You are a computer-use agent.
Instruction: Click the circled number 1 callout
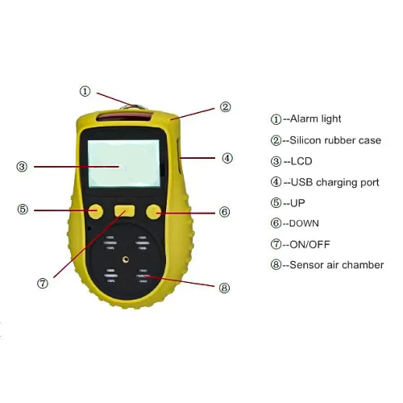coord(85,91)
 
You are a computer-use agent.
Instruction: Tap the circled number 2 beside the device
coord(226,106)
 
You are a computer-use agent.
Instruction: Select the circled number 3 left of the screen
coord(23,167)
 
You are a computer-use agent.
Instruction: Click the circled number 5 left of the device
coord(23,210)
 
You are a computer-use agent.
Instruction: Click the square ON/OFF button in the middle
coord(124,211)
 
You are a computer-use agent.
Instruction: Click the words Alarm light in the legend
coord(314,119)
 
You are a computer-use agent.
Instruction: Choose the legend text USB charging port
coord(334,182)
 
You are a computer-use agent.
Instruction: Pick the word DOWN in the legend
coord(308,223)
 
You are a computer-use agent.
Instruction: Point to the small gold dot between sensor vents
coord(125,260)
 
